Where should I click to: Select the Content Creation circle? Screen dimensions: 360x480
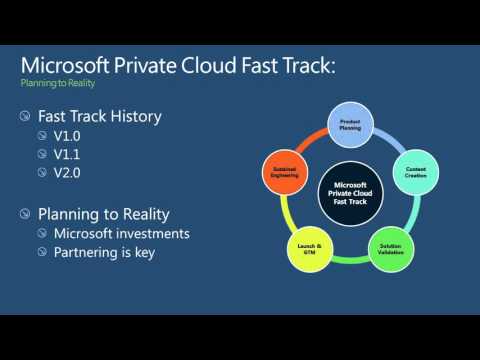415,172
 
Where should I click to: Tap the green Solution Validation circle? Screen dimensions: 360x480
391,246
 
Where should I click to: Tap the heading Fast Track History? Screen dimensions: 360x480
99,116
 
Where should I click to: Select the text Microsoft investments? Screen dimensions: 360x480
121,233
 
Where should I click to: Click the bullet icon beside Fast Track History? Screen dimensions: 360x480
25,117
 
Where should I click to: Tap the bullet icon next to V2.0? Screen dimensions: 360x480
42,174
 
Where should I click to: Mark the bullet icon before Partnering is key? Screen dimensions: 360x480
42,253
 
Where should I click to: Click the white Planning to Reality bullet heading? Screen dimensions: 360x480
103,213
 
